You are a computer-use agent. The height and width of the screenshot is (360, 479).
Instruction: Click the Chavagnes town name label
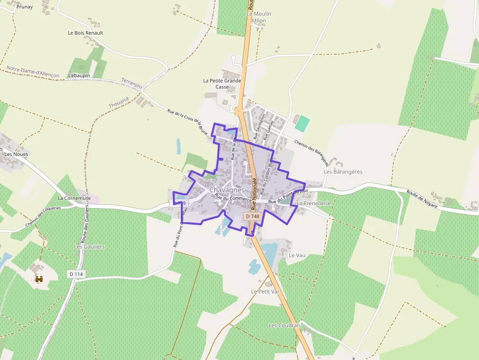[x=227, y=190]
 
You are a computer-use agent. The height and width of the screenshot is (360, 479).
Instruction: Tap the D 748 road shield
[x=253, y=216]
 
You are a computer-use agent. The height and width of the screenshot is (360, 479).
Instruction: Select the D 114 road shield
[x=77, y=275]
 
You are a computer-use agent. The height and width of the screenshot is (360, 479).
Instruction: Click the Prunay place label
[x=24, y=7]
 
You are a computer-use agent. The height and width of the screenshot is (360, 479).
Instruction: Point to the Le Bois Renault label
[x=85, y=33]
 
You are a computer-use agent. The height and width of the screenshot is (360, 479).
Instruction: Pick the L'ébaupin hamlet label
[x=79, y=76]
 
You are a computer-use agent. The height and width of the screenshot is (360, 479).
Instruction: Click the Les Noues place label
[x=16, y=154]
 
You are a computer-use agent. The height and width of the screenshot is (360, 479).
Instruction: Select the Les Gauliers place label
[x=89, y=247]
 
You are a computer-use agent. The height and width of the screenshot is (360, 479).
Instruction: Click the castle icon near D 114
[x=39, y=279]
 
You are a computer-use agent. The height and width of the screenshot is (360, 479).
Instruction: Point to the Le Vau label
[x=297, y=255]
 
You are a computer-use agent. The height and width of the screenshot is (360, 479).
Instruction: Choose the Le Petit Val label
[x=264, y=292]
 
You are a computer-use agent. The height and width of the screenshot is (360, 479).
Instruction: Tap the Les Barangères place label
[x=343, y=172]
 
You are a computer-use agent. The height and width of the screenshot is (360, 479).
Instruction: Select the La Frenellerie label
[x=314, y=203]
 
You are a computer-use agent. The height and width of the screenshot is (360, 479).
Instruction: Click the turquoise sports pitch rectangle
[x=303, y=123]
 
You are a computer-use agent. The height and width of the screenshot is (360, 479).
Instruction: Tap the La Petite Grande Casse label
[x=222, y=84]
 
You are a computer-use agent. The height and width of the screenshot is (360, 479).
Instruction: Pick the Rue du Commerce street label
[x=233, y=198]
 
